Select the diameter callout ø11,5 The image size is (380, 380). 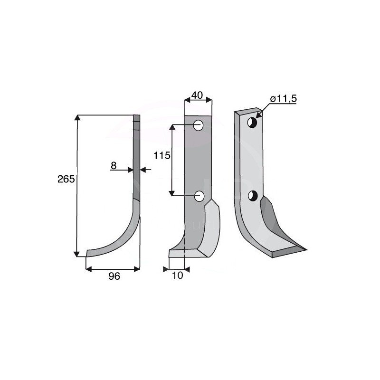pos(284,99)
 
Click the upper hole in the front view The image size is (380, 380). pos(199,126)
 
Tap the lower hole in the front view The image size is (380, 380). pos(199,195)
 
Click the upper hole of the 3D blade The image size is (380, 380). pos(253,123)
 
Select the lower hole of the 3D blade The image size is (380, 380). pos(253,195)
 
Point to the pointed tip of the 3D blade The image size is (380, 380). pos(305,248)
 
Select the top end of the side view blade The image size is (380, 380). pos(137,117)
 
